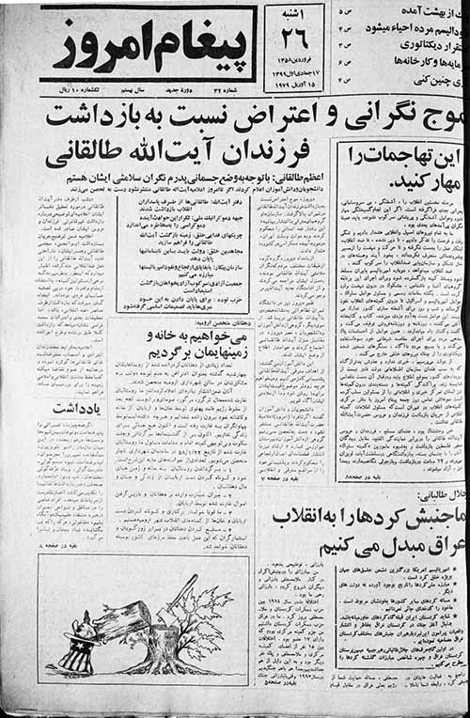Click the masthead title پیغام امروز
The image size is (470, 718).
(x=148, y=44)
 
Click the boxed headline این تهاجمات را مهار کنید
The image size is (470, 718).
(x=399, y=167)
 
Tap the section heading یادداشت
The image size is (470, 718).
(x=70, y=407)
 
